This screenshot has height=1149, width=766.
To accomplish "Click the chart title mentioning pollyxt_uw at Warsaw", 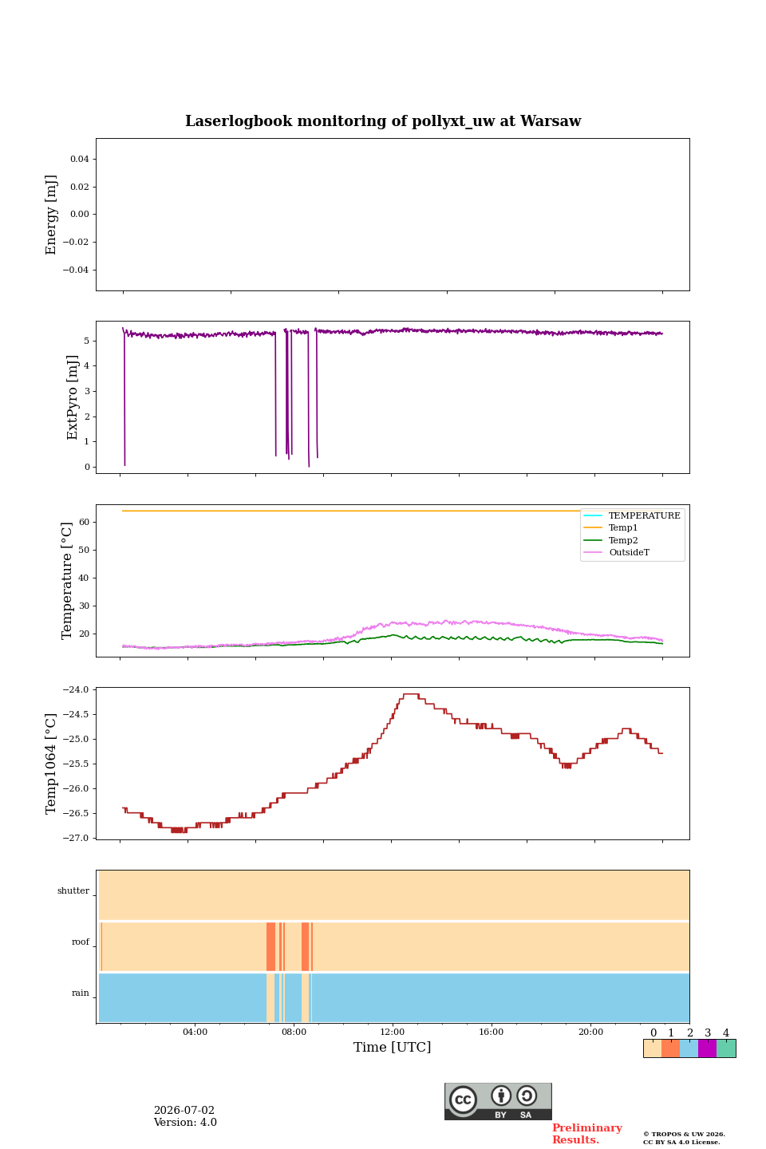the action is click(x=383, y=121).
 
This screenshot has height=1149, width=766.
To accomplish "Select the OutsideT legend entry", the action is click(x=629, y=552).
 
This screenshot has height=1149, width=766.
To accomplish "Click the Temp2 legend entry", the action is click(x=623, y=540).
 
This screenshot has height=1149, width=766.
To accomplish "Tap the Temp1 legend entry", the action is click(x=623, y=528).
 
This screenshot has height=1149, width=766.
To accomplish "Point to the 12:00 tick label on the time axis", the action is click(x=392, y=1032).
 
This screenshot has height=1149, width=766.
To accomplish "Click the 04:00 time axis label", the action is click(x=195, y=1032).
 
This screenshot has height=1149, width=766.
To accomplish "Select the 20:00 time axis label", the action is click(x=590, y=1032).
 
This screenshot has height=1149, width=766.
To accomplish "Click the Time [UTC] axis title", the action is click(x=392, y=1048).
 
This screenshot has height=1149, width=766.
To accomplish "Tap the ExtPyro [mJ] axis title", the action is click(x=73, y=397).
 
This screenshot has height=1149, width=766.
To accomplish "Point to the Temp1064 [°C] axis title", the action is click(x=50, y=764).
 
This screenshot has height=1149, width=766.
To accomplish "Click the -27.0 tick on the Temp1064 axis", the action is click(x=76, y=838).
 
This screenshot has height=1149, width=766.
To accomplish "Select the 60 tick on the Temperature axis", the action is click(x=84, y=522).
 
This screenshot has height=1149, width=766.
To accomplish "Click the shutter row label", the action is click(x=73, y=891).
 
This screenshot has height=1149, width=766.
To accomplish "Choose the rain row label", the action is click(x=81, y=993).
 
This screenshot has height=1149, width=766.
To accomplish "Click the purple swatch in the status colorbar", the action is click(x=707, y=1048).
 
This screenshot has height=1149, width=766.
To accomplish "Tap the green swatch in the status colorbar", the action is click(x=726, y=1048).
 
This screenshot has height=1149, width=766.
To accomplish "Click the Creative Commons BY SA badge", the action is click(x=498, y=1101).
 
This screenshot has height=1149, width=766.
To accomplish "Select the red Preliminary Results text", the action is click(x=587, y=1133).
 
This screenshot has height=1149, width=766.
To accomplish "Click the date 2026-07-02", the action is click(x=184, y=1110).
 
